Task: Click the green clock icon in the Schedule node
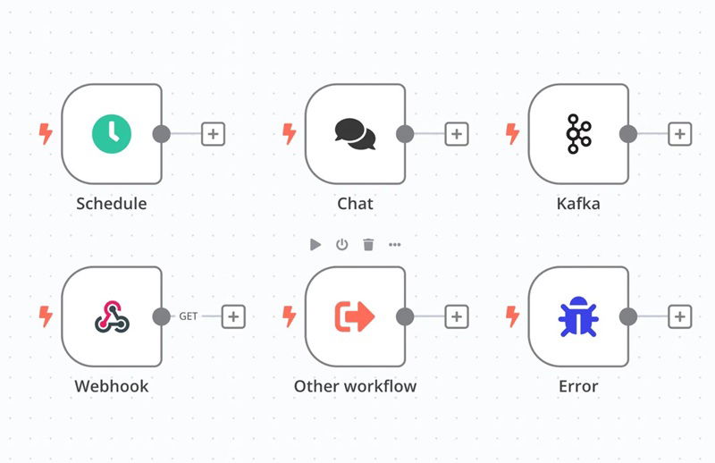coord(112,134)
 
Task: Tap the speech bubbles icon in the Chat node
coord(355,134)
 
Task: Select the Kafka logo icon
coord(578,134)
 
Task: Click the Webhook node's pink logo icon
coord(113,316)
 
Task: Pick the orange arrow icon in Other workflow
coord(355,316)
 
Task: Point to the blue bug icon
coord(578,316)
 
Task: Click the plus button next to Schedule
coord(213,134)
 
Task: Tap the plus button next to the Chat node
coord(457,134)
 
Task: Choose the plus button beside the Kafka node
coord(680,134)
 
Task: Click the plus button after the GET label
coord(233,316)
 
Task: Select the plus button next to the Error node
coord(680,316)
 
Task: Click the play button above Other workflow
coord(315,245)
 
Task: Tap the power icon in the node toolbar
coord(342,245)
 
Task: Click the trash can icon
coord(368,245)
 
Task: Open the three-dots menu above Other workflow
coord(395,245)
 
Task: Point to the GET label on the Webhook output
coord(189,316)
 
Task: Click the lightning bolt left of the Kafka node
coord(512,134)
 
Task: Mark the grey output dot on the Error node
coord(628,316)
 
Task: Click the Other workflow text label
coord(355,386)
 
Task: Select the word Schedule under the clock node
coord(112,204)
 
